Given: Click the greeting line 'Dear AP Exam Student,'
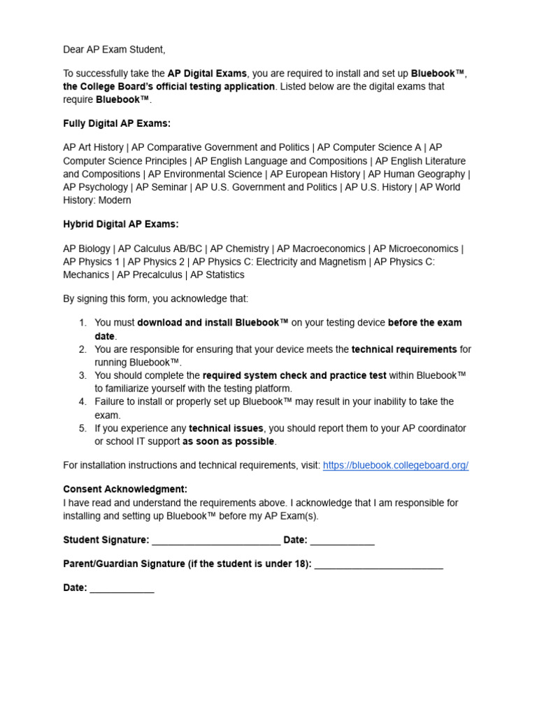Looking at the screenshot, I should tap(114, 50).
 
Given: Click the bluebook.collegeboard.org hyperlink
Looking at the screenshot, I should tap(395, 466).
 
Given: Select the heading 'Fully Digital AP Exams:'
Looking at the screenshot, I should tap(117, 124).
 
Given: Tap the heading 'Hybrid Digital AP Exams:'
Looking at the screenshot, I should tap(121, 224).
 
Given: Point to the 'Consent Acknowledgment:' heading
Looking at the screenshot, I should tap(125, 489).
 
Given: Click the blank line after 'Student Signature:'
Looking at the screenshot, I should tap(216, 541).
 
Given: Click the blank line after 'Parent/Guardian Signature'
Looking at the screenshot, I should tap(378, 565).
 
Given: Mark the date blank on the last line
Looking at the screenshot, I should tap(122, 589).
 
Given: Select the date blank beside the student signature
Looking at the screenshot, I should tap(343, 541).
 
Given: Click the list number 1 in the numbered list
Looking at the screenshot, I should tap(83, 323).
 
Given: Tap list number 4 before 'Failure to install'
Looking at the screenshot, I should tap(83, 402).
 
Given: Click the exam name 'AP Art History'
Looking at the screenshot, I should tap(93, 148).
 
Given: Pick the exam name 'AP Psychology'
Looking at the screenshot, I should tap(95, 188).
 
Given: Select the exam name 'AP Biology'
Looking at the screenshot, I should tap(87, 249).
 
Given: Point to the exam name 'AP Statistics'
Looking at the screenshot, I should tap(215, 275).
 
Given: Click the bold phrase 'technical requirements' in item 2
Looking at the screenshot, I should tap(404, 349).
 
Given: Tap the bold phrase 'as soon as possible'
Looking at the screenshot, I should tap(229, 442).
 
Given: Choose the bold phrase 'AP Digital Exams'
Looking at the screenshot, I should tap(207, 74).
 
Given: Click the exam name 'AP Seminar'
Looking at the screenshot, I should tap(162, 188).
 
